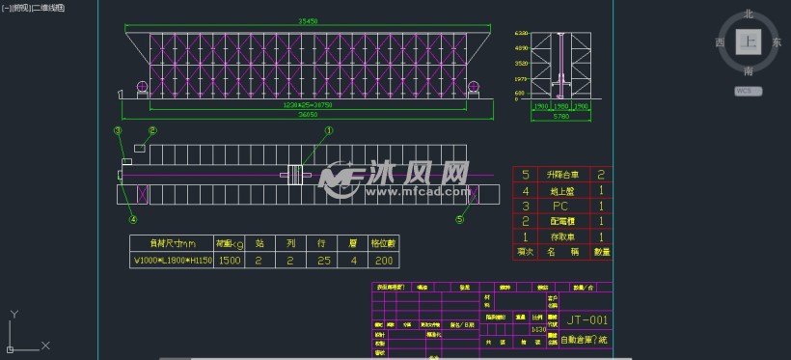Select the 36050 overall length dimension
[x=308, y=113]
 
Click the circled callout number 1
[x=328, y=130]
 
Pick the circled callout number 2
[x=151, y=130]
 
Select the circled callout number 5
[x=459, y=219]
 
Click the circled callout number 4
[x=120, y=192]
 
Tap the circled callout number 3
[x=118, y=130]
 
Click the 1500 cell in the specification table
[x=229, y=261]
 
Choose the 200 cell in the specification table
[x=384, y=261]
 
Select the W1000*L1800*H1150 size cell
[x=171, y=261]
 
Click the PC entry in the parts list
[x=559, y=206]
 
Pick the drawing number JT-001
[x=586, y=320]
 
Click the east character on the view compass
[x=777, y=43]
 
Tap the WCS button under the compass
[x=747, y=91]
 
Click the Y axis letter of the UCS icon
[x=13, y=314]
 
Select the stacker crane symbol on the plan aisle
[x=292, y=175]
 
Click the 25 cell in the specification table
[x=321, y=261]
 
